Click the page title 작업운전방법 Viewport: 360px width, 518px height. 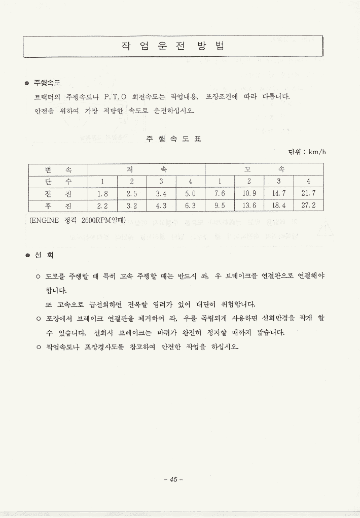pos(173,46)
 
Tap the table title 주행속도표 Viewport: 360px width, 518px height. pos(173,139)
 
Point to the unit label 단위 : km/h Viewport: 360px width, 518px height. pos(307,152)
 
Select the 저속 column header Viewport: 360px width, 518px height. pos(147,168)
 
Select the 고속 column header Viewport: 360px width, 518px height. pos(264,168)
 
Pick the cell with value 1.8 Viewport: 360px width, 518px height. pos(102,193)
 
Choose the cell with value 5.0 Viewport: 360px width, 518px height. pos(190,193)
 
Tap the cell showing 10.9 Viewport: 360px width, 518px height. pos(249,193)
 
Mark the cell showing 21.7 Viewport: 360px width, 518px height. pos(308,193)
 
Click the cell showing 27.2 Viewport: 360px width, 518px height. pos(308,205)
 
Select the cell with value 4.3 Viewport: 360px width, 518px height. pos(161,205)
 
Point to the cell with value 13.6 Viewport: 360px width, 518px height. pos(249,205)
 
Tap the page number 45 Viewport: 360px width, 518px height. pos(173,479)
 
